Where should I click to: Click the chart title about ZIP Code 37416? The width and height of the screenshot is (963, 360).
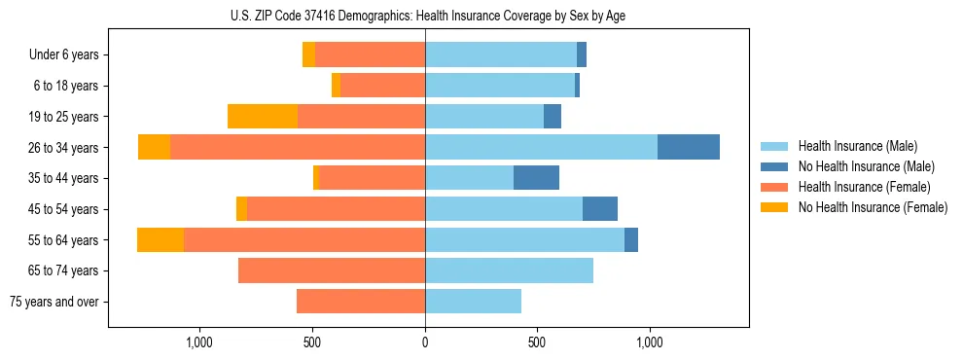pos(425,15)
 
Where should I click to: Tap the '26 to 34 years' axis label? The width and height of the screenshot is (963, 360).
pos(65,148)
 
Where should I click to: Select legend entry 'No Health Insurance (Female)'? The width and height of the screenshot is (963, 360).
pos(873,207)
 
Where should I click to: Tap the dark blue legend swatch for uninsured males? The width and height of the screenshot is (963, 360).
pos(775,166)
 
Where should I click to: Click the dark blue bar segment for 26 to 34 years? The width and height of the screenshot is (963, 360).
pos(689,147)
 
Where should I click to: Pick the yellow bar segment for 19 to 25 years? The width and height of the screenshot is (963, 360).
pos(263,116)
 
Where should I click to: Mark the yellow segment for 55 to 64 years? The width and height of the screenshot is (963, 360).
pos(160,239)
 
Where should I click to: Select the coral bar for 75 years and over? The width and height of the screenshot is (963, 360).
pos(361,302)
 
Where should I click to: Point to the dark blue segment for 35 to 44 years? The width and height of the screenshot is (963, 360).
pos(536,178)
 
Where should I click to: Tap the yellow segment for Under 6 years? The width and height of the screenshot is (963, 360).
pos(308,54)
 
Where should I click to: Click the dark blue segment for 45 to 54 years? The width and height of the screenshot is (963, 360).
pos(600,209)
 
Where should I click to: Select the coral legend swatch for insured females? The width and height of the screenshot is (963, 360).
pos(775,187)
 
